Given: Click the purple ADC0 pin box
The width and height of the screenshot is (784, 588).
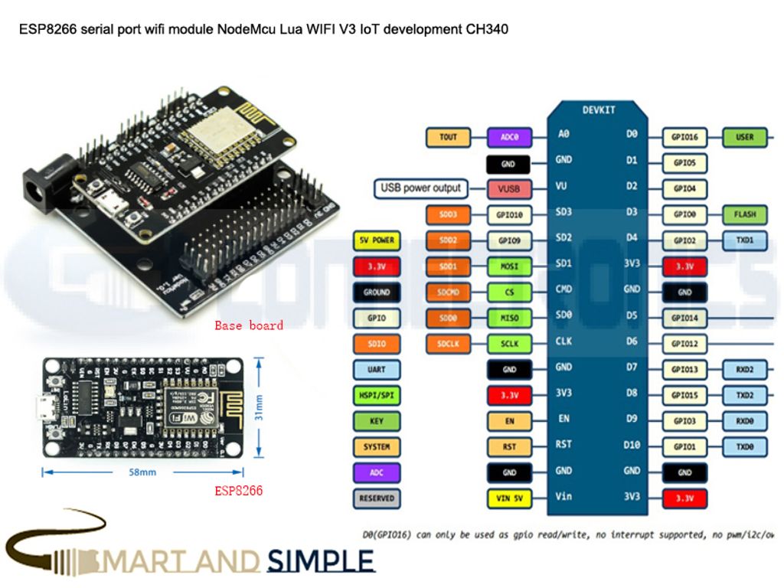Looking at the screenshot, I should pos(510,137).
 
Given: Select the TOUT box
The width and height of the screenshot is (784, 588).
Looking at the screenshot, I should pos(448,137).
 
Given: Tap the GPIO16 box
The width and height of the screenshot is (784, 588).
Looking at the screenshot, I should pos(684,137).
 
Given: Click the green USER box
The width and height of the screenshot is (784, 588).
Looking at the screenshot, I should pos(745,137).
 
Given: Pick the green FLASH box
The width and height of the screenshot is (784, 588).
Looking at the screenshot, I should pos(745,215).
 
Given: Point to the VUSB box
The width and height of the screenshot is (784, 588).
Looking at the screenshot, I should pos(510,188).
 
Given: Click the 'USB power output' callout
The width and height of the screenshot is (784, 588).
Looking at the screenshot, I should pos(421,188).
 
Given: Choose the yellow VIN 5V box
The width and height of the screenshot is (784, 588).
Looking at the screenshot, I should pos(510,498).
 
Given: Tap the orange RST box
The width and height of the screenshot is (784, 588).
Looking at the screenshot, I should pos(510,446).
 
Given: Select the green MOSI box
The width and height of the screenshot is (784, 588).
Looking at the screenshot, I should pos(510,266).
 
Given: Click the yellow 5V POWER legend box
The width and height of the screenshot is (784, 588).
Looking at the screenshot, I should pos(377,240).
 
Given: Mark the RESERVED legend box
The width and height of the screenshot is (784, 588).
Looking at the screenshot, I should pos(377,498).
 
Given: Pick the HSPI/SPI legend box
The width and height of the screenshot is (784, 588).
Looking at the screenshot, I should pos(377,395).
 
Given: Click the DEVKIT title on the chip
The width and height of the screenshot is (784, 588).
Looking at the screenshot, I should pos(598,110).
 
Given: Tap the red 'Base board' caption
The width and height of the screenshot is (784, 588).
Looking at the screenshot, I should pos(249,325).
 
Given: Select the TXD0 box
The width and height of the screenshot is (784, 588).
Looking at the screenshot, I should pos(745,446).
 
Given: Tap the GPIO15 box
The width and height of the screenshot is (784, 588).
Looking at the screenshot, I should pos(684,395).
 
